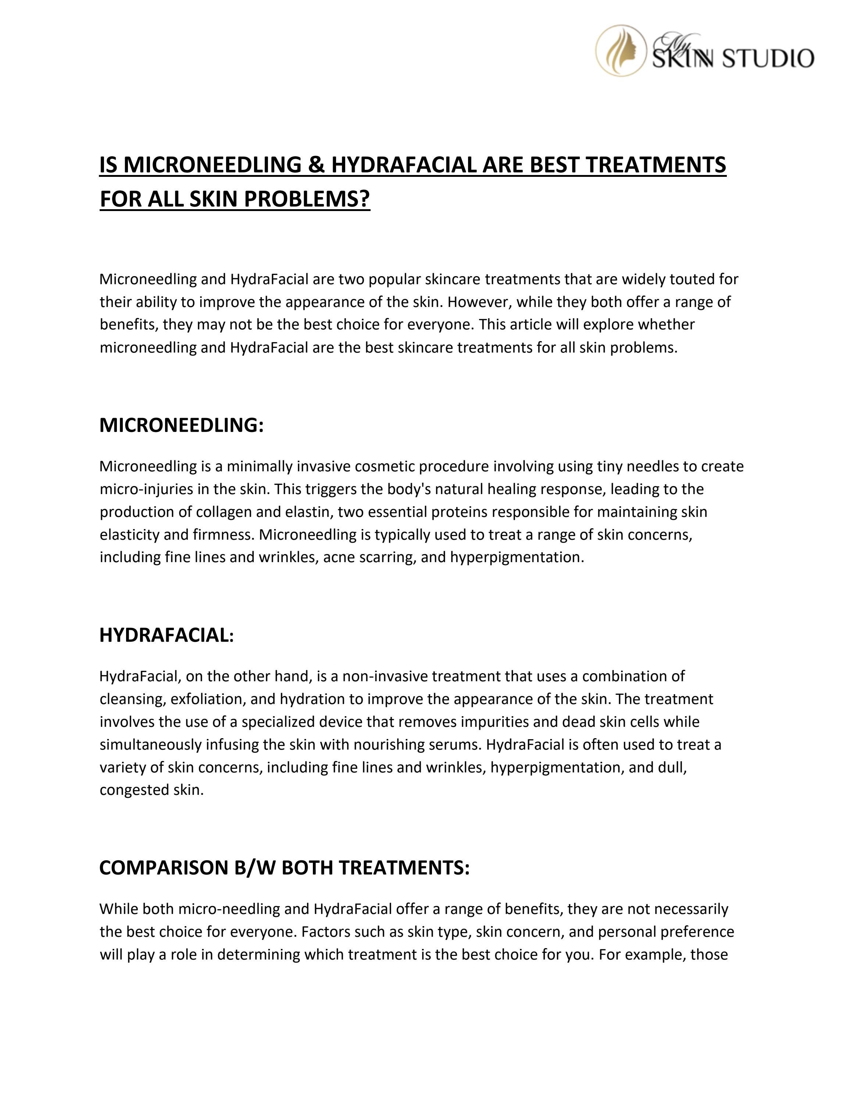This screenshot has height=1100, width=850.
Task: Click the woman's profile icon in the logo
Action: point(621,51)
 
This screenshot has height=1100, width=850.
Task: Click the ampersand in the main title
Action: point(316,165)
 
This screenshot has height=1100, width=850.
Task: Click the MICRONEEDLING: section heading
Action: point(181,425)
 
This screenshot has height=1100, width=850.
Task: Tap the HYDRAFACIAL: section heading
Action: point(167,635)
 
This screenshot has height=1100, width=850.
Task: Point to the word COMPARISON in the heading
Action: point(164,868)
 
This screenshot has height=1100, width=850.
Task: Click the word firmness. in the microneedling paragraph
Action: point(224,535)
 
